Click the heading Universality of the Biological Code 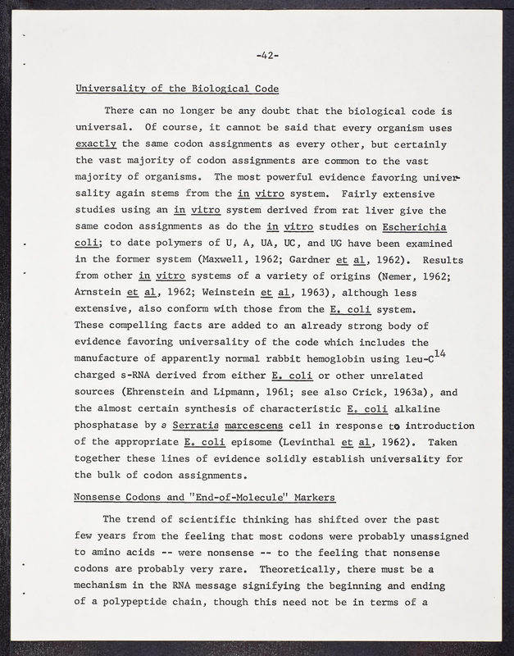[x=176, y=88]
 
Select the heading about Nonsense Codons [x=205, y=497]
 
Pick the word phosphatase [x=111, y=426]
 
